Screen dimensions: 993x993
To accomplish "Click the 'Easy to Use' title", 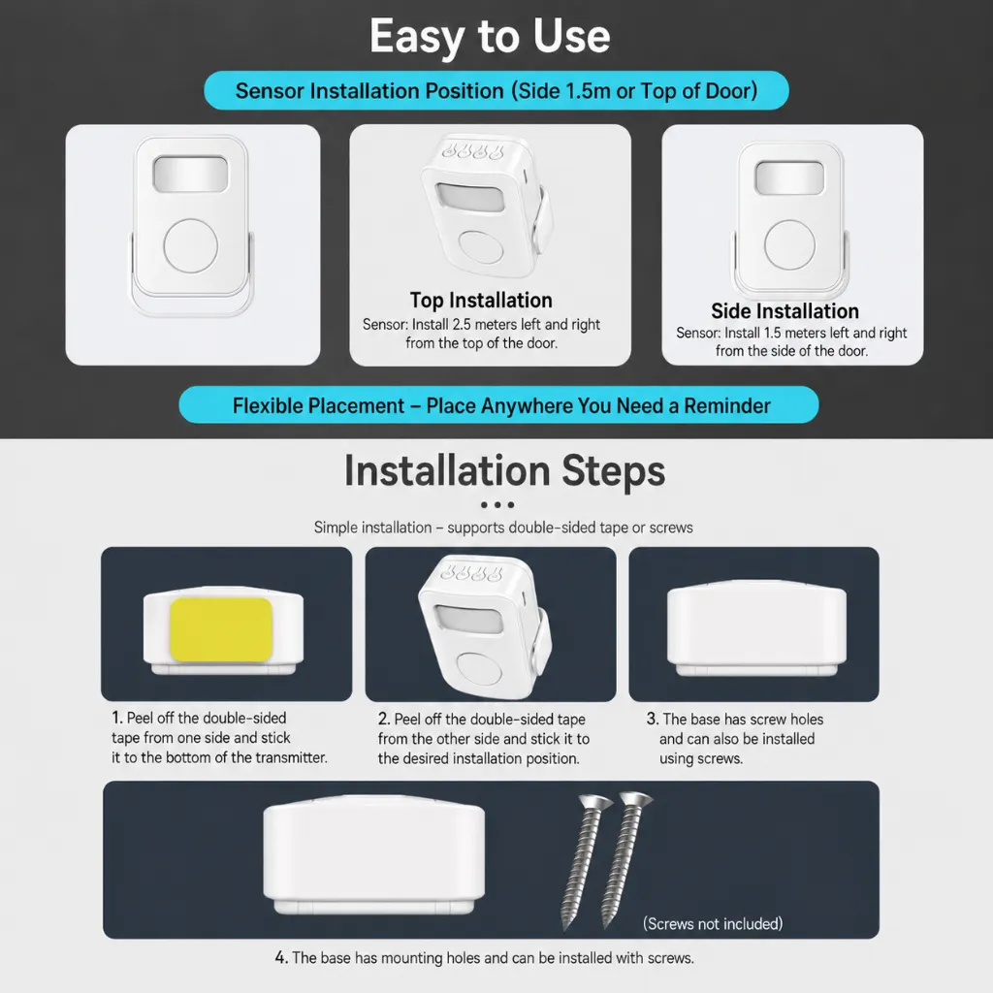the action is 490,37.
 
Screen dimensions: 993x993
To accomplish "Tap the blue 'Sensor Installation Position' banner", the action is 496,90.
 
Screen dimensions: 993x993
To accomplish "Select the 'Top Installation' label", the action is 481,300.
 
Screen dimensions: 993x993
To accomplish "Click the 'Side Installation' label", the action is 785,311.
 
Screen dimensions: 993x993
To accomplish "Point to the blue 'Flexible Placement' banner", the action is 498,404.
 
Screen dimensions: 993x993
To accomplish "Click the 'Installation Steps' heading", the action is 504,470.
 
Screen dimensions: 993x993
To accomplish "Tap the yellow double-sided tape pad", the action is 221,629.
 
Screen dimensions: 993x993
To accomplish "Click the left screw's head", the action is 596,802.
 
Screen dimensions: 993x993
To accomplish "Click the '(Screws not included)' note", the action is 713,924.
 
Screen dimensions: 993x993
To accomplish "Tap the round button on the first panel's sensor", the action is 191,245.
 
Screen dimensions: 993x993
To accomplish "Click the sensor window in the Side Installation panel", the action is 789,178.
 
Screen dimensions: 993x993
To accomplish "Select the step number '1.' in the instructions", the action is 117,718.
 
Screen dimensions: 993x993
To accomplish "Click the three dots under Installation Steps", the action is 497,504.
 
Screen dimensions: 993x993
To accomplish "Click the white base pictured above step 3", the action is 756,627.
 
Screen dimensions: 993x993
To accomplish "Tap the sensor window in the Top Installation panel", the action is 470,197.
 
